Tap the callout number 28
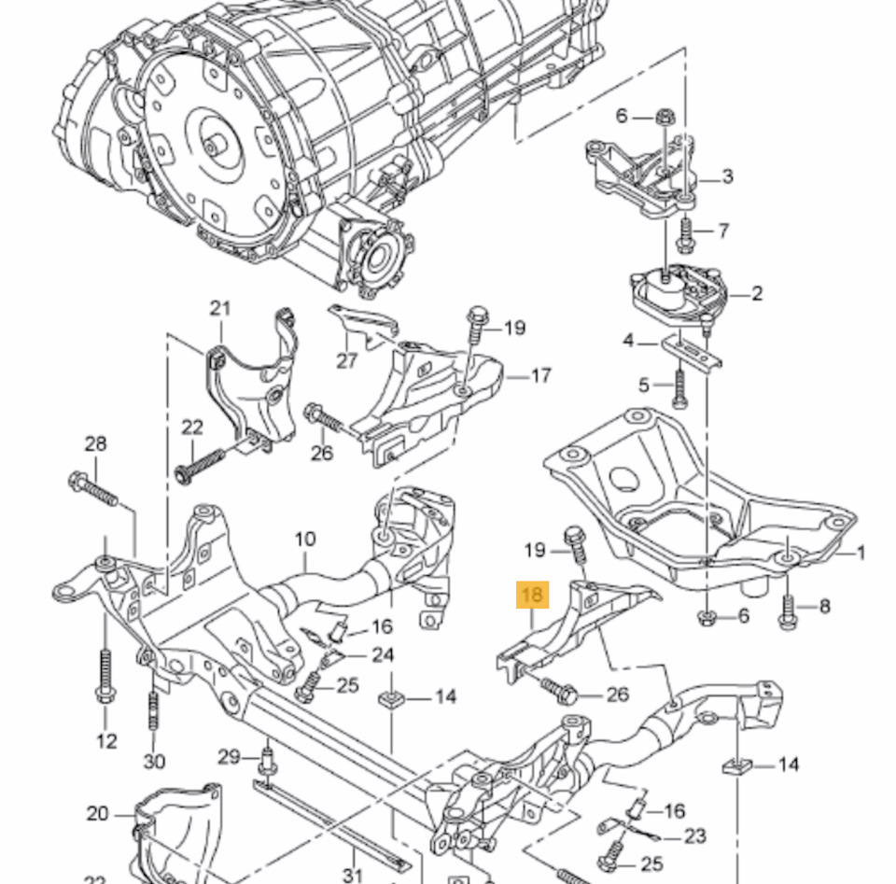[95, 443]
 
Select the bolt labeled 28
[93, 488]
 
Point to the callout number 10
[305, 539]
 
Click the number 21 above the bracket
[219, 308]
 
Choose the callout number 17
[540, 375]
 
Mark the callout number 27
[346, 359]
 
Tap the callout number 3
[727, 176]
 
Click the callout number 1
[860, 553]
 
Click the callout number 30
[154, 761]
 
